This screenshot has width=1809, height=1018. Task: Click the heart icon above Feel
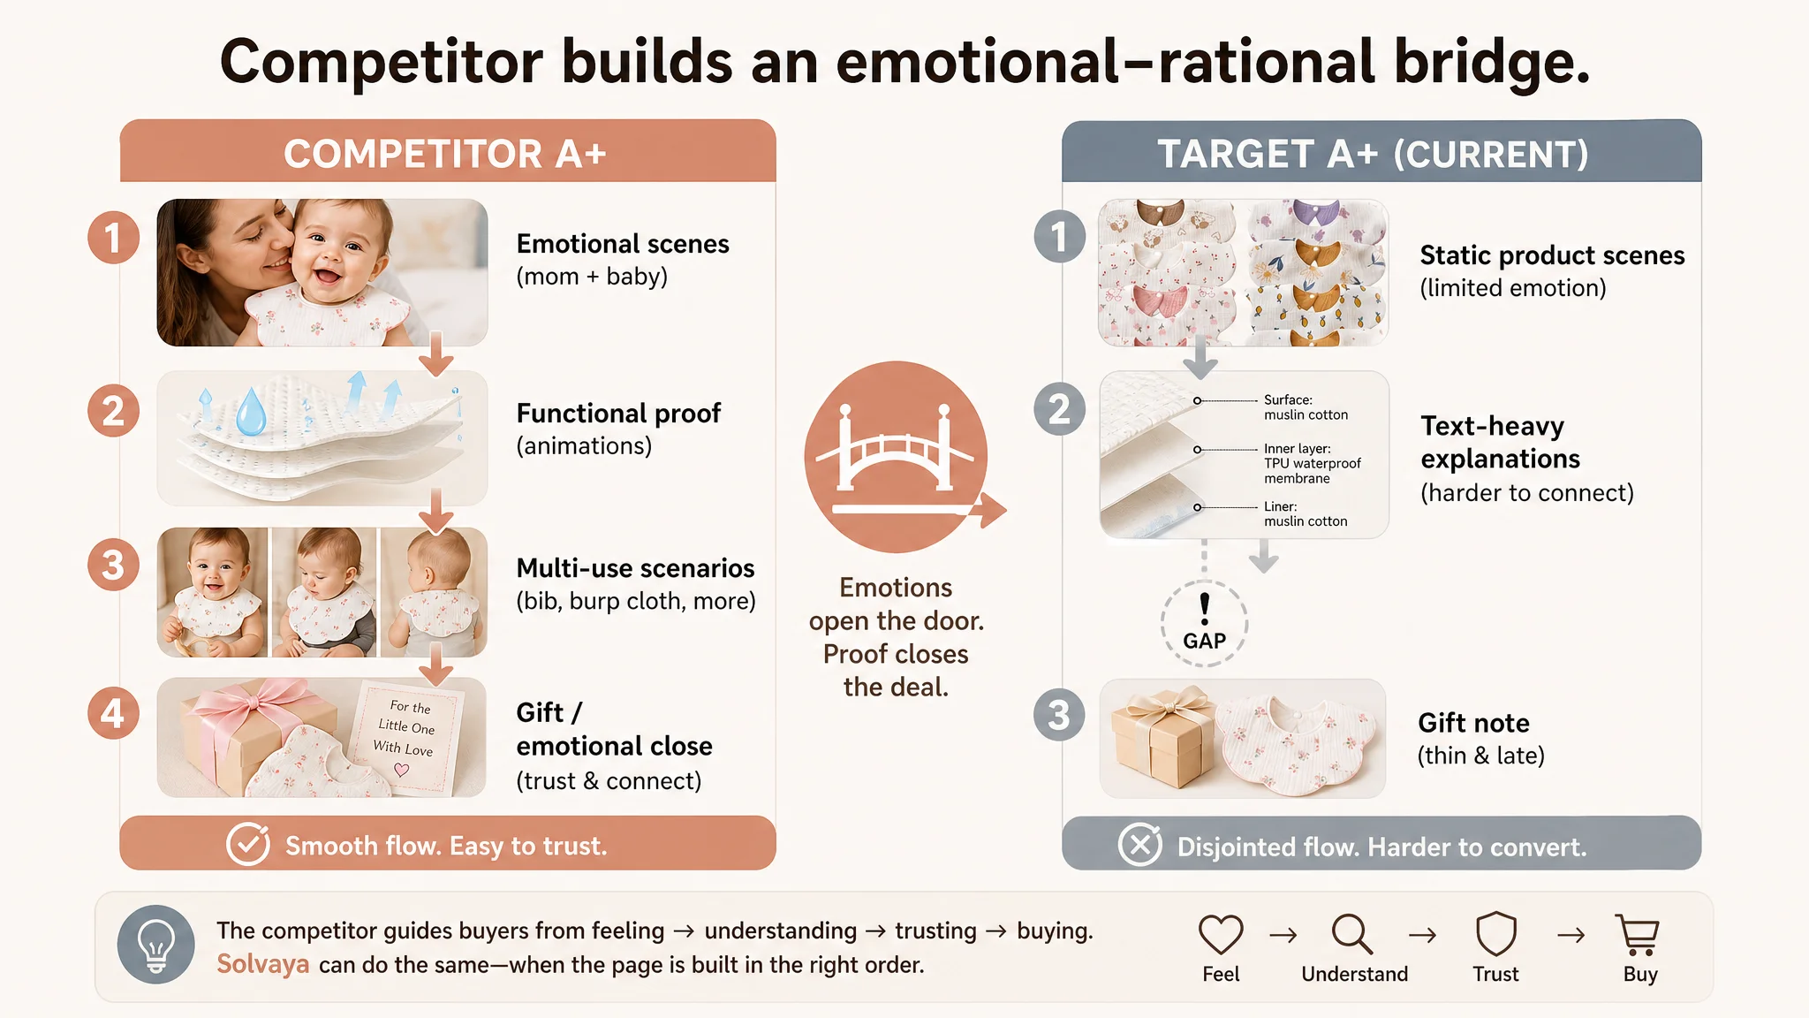pyautogui.click(x=1221, y=934)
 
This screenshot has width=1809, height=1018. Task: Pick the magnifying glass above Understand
pyautogui.click(x=1352, y=934)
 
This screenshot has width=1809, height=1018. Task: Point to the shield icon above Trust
pyautogui.click(x=1496, y=934)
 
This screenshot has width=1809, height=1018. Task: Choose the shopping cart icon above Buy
pyautogui.click(x=1639, y=935)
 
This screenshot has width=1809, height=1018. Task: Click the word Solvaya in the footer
pyautogui.click(x=263, y=964)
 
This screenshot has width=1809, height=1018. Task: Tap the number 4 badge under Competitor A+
pyautogui.click(x=113, y=713)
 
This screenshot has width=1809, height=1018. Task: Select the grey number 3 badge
pyautogui.click(x=1059, y=715)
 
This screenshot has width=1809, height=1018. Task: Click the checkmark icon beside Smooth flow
pyautogui.click(x=248, y=845)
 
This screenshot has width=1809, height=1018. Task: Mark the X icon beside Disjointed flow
pyautogui.click(x=1140, y=846)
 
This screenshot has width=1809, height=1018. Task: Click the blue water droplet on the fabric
pyautogui.click(x=251, y=411)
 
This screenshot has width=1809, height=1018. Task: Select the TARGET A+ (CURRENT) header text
pyautogui.click(x=1374, y=155)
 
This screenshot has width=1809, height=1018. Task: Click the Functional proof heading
pyautogui.click(x=618, y=414)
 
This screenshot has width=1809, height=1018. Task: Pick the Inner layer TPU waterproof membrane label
pyautogui.click(x=1312, y=464)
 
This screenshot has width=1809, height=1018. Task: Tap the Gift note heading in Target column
pyautogui.click(x=1473, y=723)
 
